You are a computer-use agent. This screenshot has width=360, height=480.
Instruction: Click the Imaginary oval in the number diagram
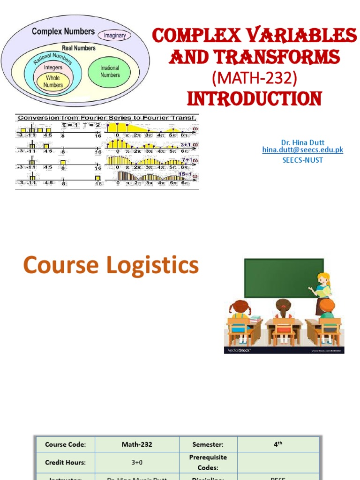[x=114, y=35]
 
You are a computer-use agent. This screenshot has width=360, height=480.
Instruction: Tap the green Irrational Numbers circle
[x=110, y=72]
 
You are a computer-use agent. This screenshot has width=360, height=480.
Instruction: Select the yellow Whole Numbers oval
[x=53, y=82]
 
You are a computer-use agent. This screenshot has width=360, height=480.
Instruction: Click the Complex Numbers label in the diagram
[x=63, y=31]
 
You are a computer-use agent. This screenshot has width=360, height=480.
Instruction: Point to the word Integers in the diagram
[x=53, y=67]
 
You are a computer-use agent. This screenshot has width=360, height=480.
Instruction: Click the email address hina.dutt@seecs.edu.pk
[x=302, y=150]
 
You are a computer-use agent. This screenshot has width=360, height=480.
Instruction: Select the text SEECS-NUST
[x=302, y=160]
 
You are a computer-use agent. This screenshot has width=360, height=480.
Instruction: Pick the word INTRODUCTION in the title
[x=255, y=99]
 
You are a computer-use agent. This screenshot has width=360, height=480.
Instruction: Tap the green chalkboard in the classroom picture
[x=283, y=278]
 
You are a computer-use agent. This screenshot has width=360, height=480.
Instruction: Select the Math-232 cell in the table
[x=137, y=444]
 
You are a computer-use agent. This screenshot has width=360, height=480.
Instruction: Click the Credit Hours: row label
[x=65, y=462]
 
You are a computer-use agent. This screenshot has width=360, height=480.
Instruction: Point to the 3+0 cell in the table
[x=137, y=462]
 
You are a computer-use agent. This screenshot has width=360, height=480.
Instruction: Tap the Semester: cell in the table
[x=208, y=444]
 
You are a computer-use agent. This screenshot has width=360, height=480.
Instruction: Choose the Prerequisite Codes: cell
[x=208, y=462]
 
